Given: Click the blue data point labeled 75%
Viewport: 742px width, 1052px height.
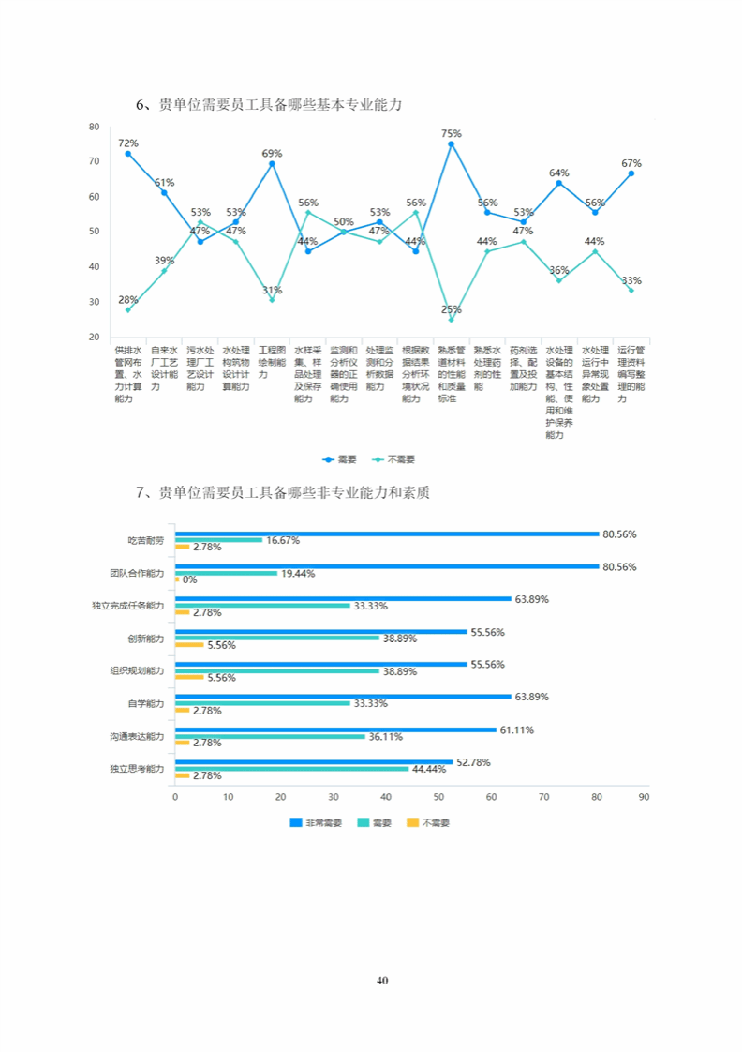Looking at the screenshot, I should coord(451,144).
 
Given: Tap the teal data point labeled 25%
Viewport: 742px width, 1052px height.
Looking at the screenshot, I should coord(451,320).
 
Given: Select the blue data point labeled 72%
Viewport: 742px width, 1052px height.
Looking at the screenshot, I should coord(128,154).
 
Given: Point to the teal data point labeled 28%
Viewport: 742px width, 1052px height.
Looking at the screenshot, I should coord(128,309).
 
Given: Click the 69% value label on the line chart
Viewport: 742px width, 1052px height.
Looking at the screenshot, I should coord(272,153).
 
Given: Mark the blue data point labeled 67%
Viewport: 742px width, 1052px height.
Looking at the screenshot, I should coord(631,173).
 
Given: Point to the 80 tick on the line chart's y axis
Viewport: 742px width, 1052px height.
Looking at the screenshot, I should coord(94,127).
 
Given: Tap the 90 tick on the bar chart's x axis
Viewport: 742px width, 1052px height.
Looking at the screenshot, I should coord(644,796).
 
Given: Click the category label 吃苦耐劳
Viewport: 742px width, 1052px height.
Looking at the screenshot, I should coord(146,540).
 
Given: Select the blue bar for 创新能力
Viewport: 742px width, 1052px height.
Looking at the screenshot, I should coord(320,632).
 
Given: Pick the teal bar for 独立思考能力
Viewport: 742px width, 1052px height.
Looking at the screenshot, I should coord(292,769).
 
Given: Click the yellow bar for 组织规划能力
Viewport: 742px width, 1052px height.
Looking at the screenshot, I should coord(189,677).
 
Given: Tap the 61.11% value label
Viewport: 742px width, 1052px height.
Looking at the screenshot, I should coord(517,729).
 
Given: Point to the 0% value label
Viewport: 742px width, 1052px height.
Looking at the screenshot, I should coord(189,579).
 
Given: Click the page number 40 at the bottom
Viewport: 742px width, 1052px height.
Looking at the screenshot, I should coord(381,981).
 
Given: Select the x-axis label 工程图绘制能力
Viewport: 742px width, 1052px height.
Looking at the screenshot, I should coord(272,360).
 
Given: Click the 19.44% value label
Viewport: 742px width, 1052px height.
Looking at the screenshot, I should coord(298,573).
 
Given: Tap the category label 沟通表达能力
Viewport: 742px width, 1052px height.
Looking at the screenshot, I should coord(136,737).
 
